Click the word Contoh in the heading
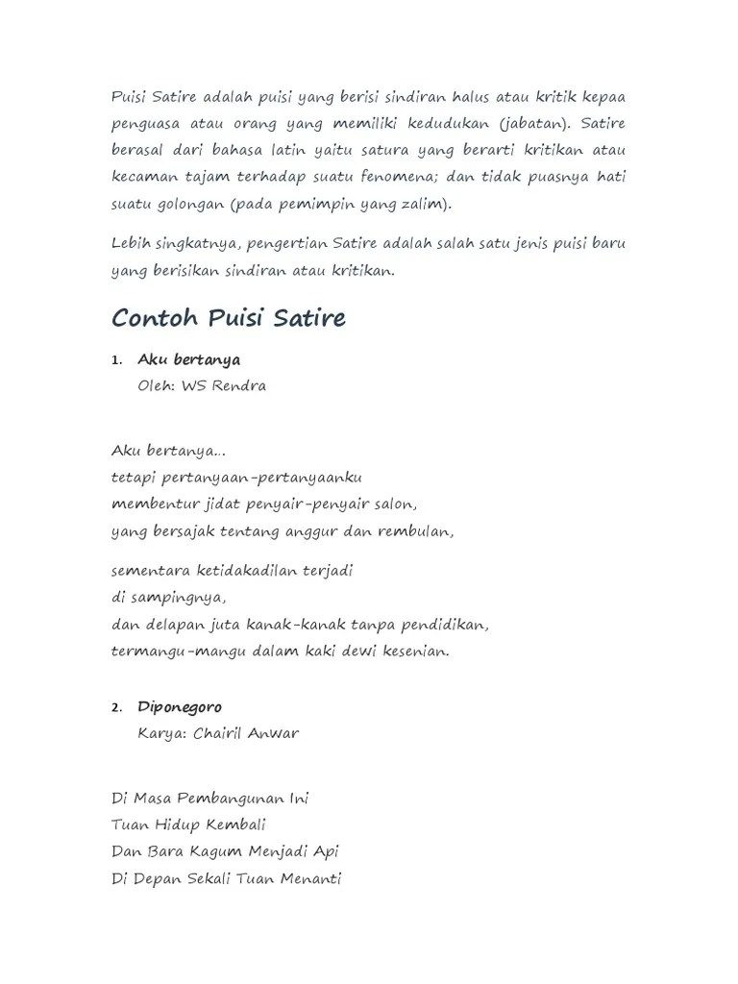[x=154, y=318]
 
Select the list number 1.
[x=116, y=360]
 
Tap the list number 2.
[x=116, y=708]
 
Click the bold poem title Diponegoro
[x=180, y=707]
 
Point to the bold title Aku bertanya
[x=189, y=359]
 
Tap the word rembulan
[x=418, y=530]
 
